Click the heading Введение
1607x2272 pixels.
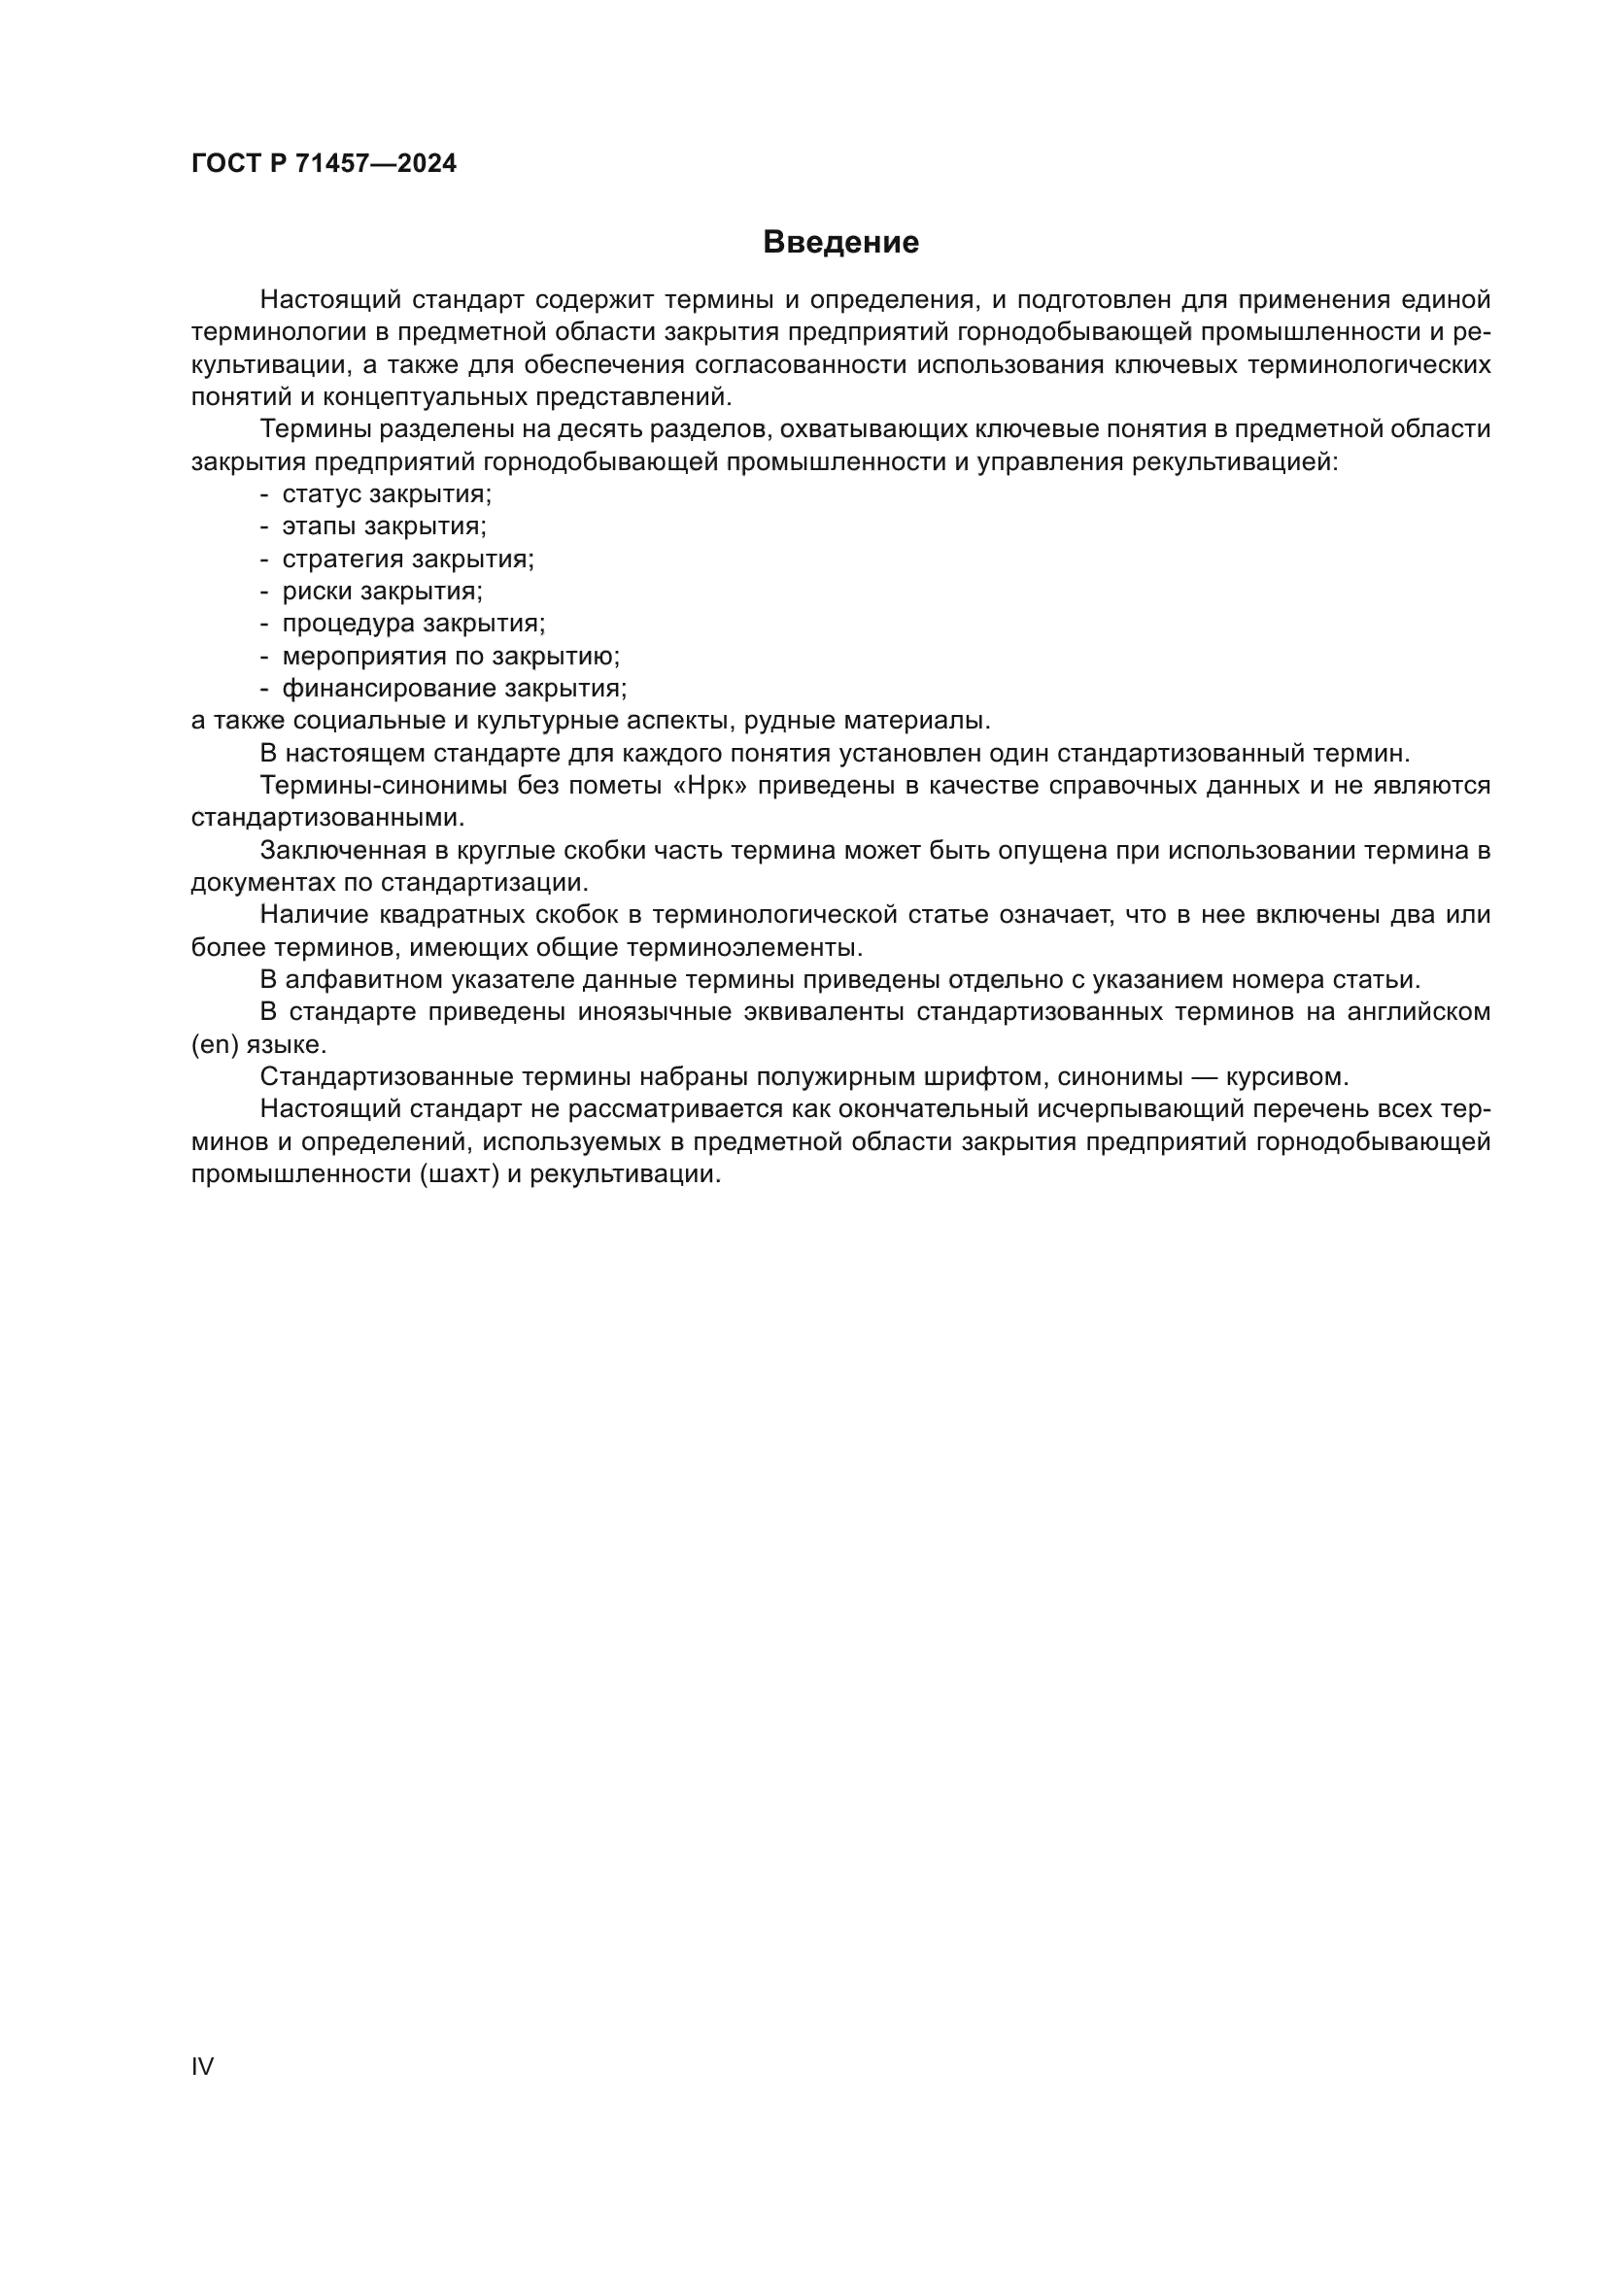[x=840, y=243]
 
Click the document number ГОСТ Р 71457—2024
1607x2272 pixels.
[x=324, y=164]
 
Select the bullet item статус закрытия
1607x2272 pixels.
[x=386, y=493]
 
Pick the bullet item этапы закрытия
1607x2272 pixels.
[x=384, y=526]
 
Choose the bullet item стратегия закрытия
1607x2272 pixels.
[x=408, y=560]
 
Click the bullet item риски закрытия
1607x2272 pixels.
[x=382, y=592]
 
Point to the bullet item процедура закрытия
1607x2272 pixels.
[x=414, y=624]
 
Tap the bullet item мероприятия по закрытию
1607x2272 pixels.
[x=450, y=656]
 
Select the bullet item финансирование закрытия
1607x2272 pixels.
[x=454, y=688]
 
